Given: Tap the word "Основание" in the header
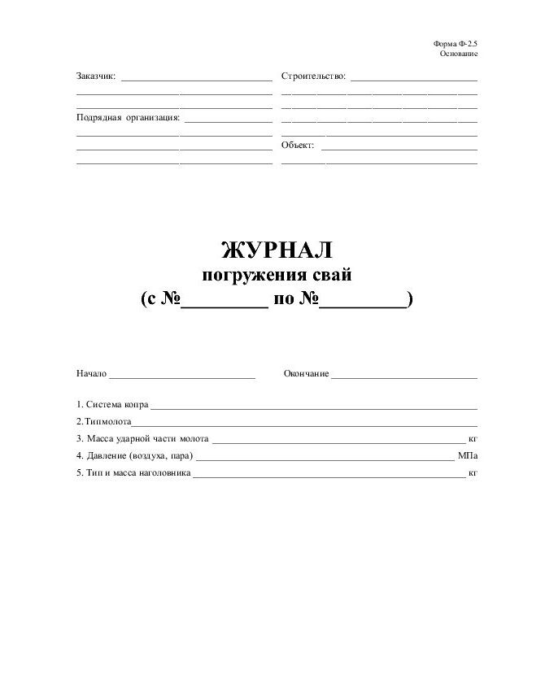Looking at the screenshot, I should tap(458, 54).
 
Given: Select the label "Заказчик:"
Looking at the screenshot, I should tap(96, 76).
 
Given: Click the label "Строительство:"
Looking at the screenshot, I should tap(313, 76).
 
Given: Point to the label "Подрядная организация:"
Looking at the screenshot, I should tap(128, 117).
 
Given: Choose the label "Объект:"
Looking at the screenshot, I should tap(298, 145).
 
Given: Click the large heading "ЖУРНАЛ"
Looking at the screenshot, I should tap(277, 249).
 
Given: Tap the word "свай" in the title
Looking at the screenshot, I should tap(332, 275).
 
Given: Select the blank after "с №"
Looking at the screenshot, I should tap(225, 301).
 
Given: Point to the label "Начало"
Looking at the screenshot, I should tap(91, 373).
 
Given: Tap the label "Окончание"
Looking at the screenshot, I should tap(306, 373).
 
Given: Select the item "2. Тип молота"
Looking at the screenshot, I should tap(103, 421).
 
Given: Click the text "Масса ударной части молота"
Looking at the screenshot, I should tap(147, 438).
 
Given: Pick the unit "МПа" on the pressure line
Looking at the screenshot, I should tap(468, 455).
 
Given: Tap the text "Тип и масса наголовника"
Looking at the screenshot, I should tap(138, 472).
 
